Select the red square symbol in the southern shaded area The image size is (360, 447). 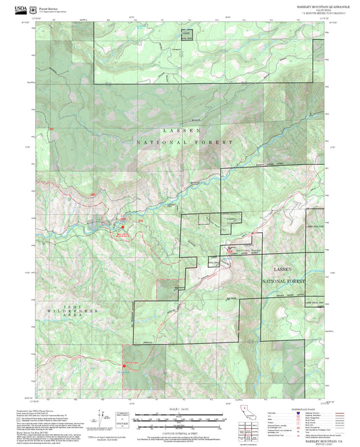click(124, 364)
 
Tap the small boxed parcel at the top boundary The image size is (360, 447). click(186, 35)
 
